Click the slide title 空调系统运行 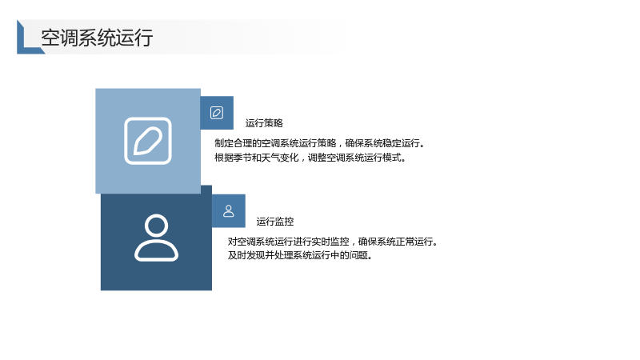tap(97, 38)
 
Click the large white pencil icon tap(148, 141)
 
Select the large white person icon tap(156, 238)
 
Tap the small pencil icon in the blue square tap(217, 113)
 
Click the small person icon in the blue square tap(229, 211)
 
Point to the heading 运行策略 tap(264, 123)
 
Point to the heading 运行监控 tap(275, 222)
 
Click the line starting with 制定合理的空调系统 tap(319, 143)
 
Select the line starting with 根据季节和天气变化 tap(310, 158)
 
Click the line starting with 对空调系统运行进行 tap(333, 242)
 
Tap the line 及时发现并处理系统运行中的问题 tap(300, 255)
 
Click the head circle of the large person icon tap(156, 225)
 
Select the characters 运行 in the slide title tap(134, 38)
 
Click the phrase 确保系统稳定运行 tap(382, 143)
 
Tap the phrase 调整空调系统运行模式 tap(354, 158)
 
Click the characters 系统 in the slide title tap(97, 38)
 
